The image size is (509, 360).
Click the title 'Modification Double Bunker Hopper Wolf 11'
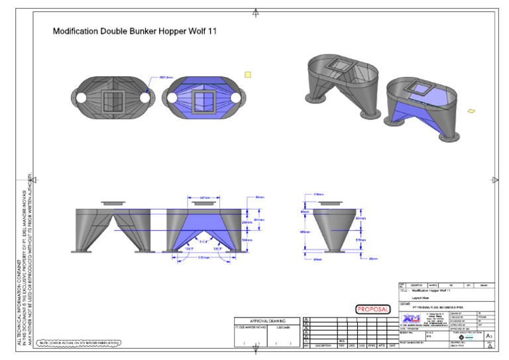135,30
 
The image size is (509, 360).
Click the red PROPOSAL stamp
373,309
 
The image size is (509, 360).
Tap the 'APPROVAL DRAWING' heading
267,320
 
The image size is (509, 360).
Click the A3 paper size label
488,337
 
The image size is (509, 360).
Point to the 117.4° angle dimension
203,241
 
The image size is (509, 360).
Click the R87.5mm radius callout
166,78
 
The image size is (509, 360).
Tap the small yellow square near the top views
247,75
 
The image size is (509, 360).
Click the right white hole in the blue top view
237,97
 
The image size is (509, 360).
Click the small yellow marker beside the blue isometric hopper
471,111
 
